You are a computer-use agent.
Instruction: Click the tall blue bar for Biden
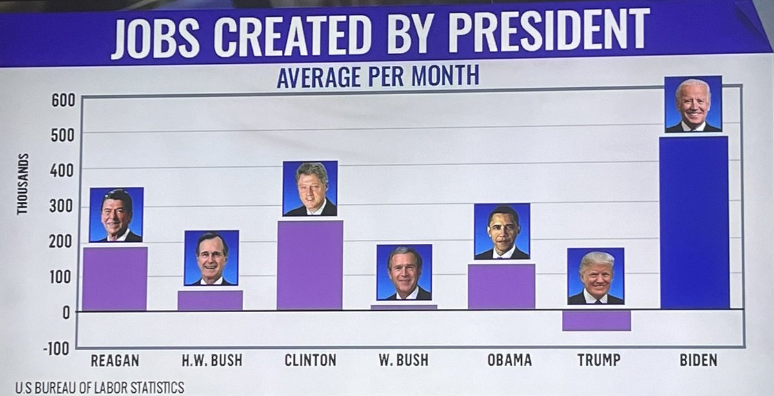pyautogui.click(x=694, y=223)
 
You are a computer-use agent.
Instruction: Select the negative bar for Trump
pyautogui.click(x=596, y=321)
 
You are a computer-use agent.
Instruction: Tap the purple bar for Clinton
pyautogui.click(x=310, y=265)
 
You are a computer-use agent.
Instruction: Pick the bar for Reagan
pyautogui.click(x=115, y=279)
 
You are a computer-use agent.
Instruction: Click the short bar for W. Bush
pyautogui.click(x=404, y=307)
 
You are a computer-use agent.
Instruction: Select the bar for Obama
pyautogui.click(x=501, y=286)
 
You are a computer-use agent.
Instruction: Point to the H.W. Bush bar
pyautogui.click(x=210, y=300)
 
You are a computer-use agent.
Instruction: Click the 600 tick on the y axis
pyautogui.click(x=68, y=100)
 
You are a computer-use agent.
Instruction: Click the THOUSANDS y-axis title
pyautogui.click(x=23, y=184)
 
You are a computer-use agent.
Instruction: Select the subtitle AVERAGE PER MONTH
pyautogui.click(x=377, y=77)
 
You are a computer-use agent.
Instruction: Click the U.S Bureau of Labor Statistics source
pyautogui.click(x=100, y=387)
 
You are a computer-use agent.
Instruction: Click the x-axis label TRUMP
pyautogui.click(x=598, y=360)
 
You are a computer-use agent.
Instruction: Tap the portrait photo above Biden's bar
pyautogui.click(x=693, y=104)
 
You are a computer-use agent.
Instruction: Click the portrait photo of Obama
pyautogui.click(x=502, y=230)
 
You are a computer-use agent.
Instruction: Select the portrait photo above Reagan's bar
pyautogui.click(x=116, y=215)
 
